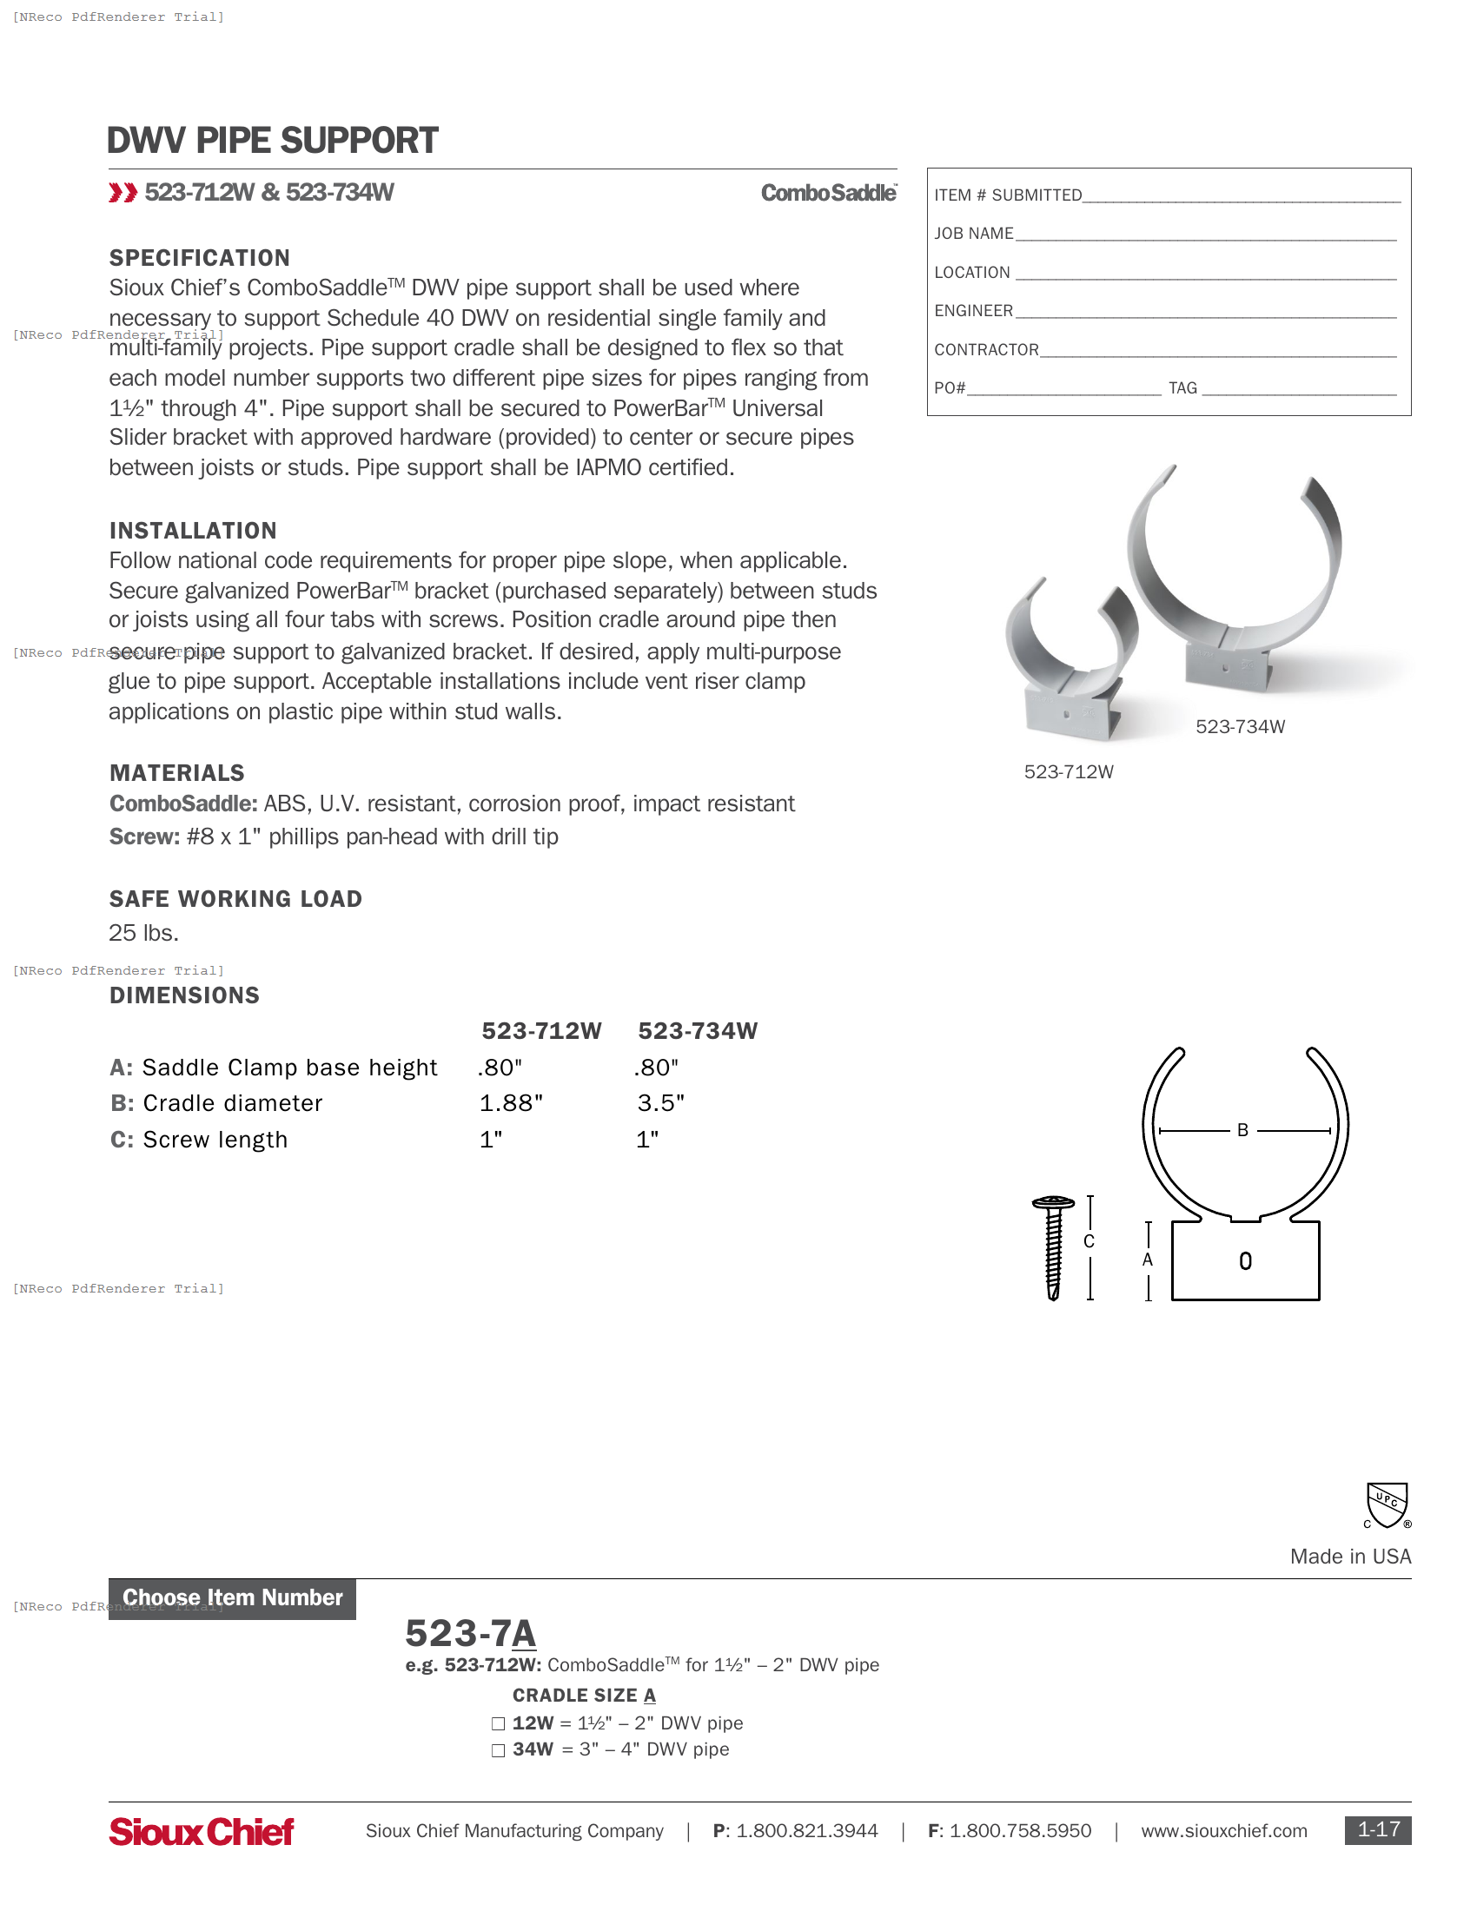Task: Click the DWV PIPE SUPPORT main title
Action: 272,141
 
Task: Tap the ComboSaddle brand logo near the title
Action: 828,193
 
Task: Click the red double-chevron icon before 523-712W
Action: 123,193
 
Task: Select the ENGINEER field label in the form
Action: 973,311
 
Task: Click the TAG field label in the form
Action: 1182,387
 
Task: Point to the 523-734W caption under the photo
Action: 1240,726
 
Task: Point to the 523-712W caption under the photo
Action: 1069,771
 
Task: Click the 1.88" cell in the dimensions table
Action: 511,1103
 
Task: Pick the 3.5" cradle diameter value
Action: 660,1103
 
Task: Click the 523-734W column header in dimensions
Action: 698,1031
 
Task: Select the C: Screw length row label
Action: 199,1140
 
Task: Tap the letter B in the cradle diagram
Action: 1242,1130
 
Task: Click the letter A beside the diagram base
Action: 1147,1260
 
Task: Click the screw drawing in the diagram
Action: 1054,1246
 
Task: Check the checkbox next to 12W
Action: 498,1723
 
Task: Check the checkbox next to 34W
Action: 498,1750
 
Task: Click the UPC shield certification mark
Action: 1387,1505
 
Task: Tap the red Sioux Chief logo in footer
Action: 202,1831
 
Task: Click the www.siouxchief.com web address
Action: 1223,1830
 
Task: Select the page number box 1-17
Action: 1377,1829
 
